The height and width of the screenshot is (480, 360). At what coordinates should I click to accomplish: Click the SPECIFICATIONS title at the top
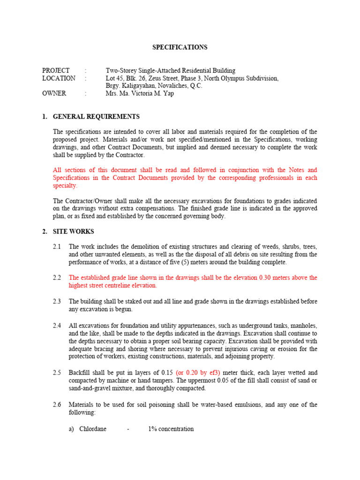click(x=180, y=47)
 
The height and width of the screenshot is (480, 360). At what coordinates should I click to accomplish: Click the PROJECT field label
click(x=56, y=70)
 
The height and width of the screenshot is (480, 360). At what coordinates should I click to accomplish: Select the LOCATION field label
click(x=59, y=78)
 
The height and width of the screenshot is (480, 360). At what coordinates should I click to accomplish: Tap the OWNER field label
click(x=54, y=93)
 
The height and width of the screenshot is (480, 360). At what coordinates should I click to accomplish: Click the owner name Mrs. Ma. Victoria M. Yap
click(x=139, y=93)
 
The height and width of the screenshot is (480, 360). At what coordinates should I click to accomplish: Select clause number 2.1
click(x=57, y=247)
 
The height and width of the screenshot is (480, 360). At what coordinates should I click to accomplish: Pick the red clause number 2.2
click(x=57, y=277)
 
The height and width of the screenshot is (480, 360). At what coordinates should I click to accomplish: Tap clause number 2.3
click(x=57, y=301)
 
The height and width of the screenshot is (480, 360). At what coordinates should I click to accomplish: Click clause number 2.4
click(x=57, y=325)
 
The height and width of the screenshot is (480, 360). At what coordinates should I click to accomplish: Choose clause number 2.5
click(x=57, y=373)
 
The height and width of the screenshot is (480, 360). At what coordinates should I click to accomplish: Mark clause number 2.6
click(x=57, y=405)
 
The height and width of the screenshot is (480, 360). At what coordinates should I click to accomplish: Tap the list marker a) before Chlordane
click(x=72, y=429)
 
